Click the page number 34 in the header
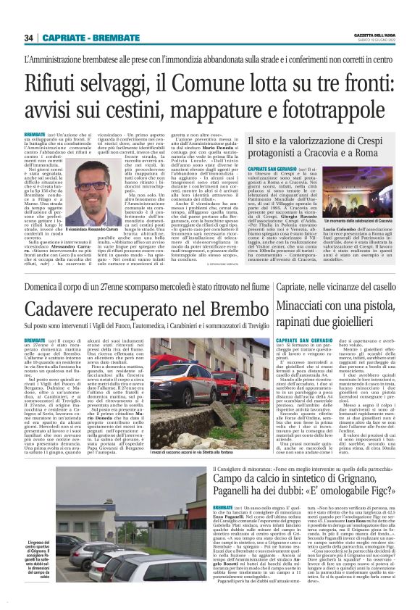[x=28, y=38]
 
